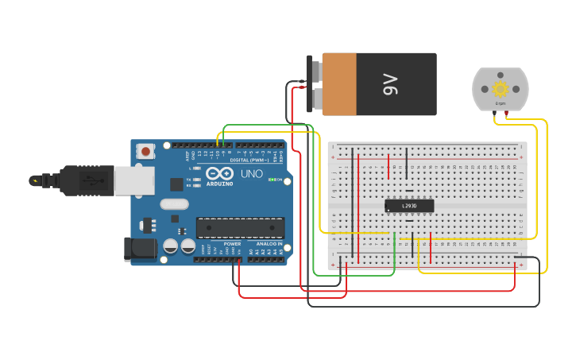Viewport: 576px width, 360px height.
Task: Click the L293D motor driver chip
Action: [409, 206]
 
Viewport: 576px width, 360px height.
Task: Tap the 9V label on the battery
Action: [390, 84]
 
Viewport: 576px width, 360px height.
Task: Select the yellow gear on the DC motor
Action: [501, 88]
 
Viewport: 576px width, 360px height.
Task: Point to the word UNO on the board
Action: [251, 173]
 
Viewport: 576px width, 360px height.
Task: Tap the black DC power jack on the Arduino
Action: [141, 249]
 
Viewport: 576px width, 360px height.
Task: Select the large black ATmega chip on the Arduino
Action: [240, 228]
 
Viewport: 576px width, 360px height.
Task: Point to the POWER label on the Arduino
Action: [232, 244]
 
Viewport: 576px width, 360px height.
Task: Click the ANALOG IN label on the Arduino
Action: [269, 244]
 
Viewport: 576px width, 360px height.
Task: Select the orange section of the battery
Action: [340, 84]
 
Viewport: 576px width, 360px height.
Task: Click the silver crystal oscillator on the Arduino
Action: [174, 204]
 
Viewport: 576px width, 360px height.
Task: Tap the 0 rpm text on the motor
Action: [501, 103]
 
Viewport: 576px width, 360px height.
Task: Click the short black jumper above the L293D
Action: [407, 164]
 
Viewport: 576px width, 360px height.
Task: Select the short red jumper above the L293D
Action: [389, 166]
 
